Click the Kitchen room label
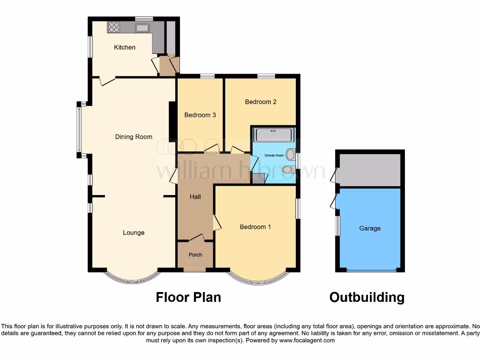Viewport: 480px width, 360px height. [x=125, y=47]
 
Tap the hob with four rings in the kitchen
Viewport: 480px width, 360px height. [x=114, y=27]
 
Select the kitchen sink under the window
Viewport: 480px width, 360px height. [x=142, y=28]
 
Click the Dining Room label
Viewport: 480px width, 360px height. [x=134, y=137]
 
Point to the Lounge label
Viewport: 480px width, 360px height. [x=134, y=232]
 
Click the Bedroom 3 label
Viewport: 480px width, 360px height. [x=200, y=115]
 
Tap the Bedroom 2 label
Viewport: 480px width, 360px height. [x=261, y=102]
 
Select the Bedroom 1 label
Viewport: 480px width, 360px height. [x=255, y=227]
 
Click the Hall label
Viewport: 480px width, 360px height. [x=195, y=196]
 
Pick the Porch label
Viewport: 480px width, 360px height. [x=195, y=255]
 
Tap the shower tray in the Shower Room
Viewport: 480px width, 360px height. [x=274, y=135]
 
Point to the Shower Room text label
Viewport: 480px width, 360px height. [x=274, y=155]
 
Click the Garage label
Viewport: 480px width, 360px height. [x=370, y=228]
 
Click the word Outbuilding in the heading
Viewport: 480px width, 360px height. [x=367, y=297]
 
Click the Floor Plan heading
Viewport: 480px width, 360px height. [x=188, y=297]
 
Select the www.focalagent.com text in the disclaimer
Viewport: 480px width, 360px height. [x=307, y=340]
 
